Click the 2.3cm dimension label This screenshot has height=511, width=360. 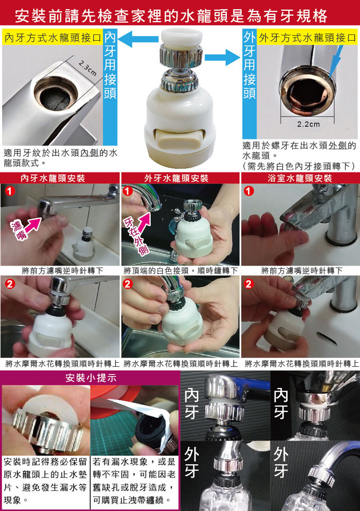click(x=87, y=68)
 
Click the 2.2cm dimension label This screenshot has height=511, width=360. click(x=308, y=124)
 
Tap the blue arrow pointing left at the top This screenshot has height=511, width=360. click(x=138, y=39)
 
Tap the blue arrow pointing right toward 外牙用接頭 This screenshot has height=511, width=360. click(x=223, y=57)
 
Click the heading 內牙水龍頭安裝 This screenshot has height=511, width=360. click(x=53, y=178)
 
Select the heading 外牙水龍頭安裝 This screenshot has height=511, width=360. click(x=176, y=178)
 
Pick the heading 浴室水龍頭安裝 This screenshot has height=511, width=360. click(x=300, y=178)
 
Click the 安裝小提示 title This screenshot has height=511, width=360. click(x=91, y=378)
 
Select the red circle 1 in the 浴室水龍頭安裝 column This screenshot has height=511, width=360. click(x=249, y=190)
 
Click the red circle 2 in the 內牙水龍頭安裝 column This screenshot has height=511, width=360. click(x=10, y=284)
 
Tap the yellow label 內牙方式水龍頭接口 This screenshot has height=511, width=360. click(x=53, y=38)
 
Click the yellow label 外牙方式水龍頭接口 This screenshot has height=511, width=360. click(x=307, y=38)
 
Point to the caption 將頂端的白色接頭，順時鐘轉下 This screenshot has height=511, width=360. click(x=181, y=271)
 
